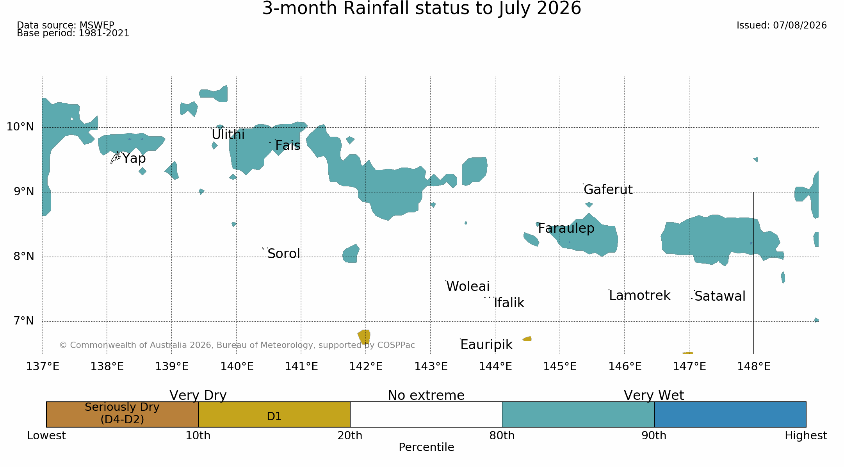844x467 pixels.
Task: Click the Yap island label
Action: click(x=134, y=159)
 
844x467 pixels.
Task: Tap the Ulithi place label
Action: click(x=228, y=135)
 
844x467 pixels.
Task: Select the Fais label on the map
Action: click(x=288, y=146)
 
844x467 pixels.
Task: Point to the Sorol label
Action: click(x=284, y=254)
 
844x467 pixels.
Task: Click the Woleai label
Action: click(x=468, y=287)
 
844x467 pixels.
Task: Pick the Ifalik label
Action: click(x=509, y=303)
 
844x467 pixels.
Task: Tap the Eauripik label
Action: click(x=486, y=345)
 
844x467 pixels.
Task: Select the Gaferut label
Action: click(x=608, y=190)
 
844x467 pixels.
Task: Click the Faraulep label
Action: click(x=566, y=228)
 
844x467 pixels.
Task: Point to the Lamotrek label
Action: click(x=640, y=296)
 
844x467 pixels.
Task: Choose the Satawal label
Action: click(x=720, y=296)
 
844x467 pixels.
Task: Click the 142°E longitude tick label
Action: click(x=366, y=367)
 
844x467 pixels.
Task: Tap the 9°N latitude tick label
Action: click(x=24, y=191)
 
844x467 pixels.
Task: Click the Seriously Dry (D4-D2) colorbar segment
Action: click(x=122, y=414)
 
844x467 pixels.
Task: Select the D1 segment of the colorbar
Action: click(x=274, y=414)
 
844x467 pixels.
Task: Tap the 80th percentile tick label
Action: click(x=502, y=436)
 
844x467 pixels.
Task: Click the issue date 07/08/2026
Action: click(x=800, y=25)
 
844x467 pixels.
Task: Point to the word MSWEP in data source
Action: click(x=97, y=25)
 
